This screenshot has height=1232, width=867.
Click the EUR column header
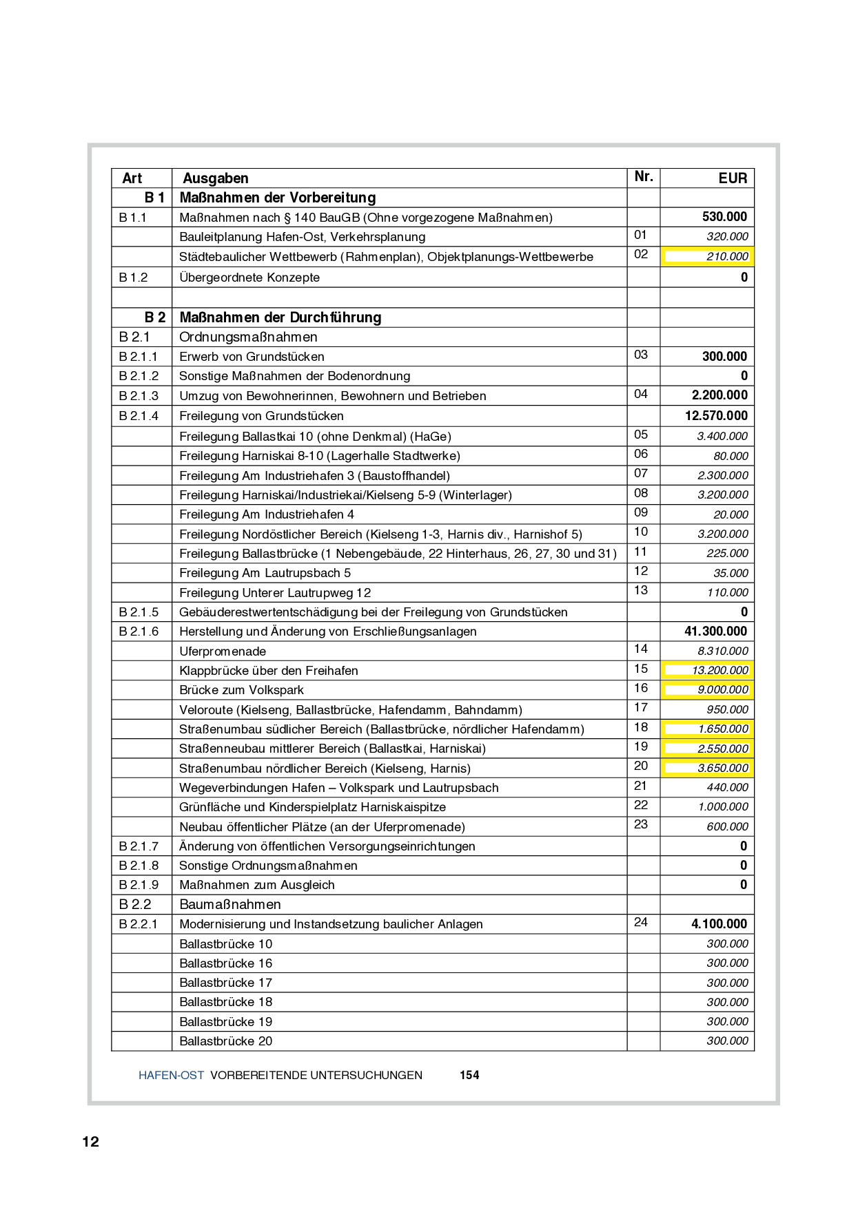(732, 178)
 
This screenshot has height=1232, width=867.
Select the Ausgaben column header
(215, 178)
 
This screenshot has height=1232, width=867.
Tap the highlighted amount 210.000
(727, 257)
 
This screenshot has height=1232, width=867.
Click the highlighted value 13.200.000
(720, 670)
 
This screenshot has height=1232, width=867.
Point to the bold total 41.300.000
(715, 631)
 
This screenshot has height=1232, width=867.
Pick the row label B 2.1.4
(139, 416)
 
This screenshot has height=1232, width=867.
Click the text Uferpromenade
(222, 651)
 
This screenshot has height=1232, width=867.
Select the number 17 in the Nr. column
(641, 707)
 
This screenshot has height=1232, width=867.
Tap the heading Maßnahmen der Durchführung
(280, 317)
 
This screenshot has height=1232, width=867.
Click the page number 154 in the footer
(469, 1075)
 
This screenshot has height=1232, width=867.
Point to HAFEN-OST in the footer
(171, 1075)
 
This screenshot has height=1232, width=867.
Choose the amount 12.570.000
(715, 416)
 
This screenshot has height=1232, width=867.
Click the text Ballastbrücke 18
(225, 1002)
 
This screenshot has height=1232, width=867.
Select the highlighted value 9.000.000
(722, 690)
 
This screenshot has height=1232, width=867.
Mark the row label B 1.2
(133, 278)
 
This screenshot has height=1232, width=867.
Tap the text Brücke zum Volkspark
(241, 690)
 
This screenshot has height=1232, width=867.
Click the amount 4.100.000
(719, 924)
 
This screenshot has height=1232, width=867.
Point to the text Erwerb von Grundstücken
(252, 357)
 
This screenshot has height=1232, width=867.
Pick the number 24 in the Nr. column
(641, 922)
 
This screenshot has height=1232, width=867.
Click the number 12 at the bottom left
(91, 1142)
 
